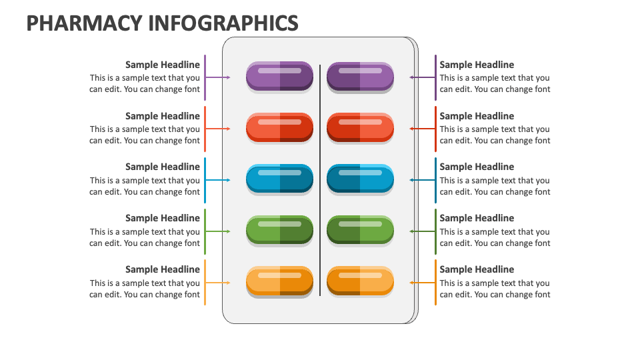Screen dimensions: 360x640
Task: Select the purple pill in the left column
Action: point(279,76)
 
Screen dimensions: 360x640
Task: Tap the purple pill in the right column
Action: point(360,76)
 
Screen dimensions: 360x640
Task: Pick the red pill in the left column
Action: point(279,127)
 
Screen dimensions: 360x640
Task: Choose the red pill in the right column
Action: point(360,127)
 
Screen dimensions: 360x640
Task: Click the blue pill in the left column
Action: point(279,179)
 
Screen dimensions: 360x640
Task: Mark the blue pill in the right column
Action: point(360,179)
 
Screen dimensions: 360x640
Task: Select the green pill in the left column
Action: point(279,230)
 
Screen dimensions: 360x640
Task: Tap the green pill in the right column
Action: point(360,230)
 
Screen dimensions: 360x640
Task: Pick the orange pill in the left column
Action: point(279,281)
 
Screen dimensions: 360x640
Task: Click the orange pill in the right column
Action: point(360,281)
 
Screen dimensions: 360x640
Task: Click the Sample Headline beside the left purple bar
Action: point(163,65)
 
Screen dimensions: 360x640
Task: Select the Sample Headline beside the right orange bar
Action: point(477,269)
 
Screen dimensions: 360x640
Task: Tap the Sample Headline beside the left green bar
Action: point(163,218)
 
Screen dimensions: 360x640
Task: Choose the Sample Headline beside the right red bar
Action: point(477,116)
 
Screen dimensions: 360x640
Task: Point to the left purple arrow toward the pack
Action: point(218,78)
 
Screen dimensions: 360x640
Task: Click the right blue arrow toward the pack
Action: point(423,180)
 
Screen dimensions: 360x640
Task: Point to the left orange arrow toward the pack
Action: point(218,283)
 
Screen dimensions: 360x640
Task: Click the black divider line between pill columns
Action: point(320,180)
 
